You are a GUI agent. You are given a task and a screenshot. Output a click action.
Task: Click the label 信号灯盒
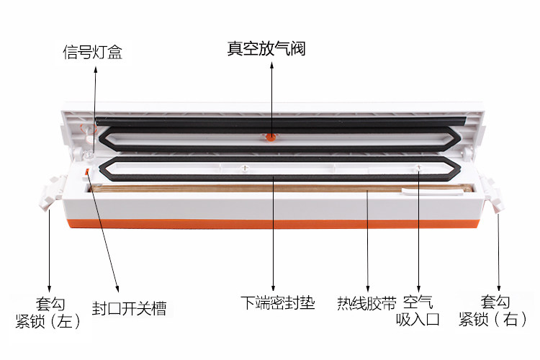point(92,53)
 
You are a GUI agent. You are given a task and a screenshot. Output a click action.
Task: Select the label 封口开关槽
point(130,308)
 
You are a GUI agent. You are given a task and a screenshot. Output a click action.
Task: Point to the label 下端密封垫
point(277,302)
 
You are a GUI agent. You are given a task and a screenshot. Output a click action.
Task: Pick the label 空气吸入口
point(420,310)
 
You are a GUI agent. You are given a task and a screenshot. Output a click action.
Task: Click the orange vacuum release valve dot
point(271,136)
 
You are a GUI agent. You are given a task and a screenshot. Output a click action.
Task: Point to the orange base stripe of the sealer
point(274,226)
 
